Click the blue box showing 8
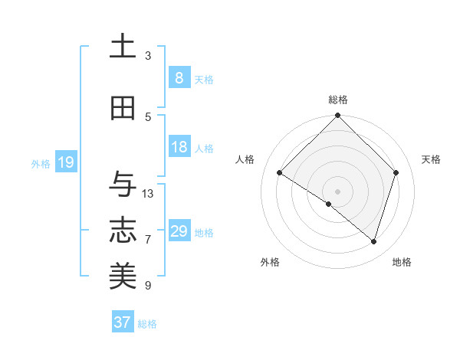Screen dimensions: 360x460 179,78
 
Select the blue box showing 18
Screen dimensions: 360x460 179,147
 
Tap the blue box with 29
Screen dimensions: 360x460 179,231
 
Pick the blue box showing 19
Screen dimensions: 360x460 65,162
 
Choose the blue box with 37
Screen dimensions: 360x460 123,322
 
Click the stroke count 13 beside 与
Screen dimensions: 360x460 148,194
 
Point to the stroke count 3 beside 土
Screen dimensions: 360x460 148,56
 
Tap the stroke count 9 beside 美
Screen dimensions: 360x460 148,286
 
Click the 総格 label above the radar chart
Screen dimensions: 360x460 338,100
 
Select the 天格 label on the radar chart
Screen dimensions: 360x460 432,159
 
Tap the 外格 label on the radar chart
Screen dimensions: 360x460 270,262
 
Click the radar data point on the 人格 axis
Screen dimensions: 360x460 280,173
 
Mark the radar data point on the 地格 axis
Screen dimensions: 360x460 374,241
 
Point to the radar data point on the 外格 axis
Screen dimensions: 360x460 329,204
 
